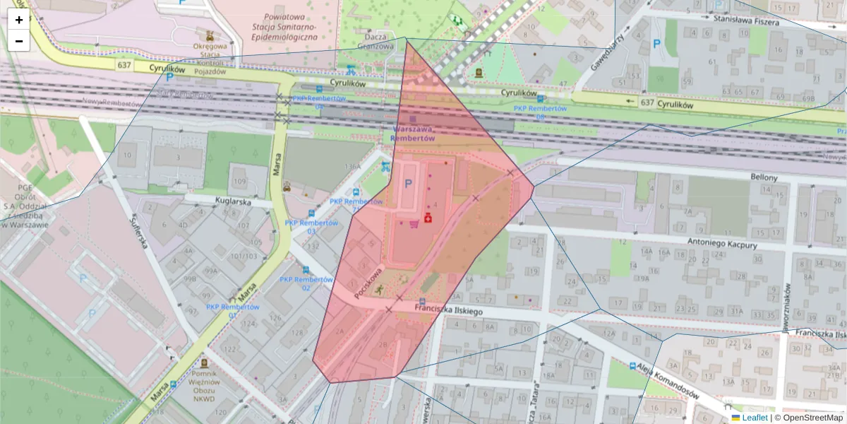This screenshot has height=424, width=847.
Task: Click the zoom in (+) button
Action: coord(19,20)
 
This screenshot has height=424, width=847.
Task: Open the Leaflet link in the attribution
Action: coord(755,418)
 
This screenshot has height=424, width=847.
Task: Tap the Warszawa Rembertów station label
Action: coord(413,134)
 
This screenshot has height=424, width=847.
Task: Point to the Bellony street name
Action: coord(764,177)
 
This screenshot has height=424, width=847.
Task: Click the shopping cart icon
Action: coord(413,224)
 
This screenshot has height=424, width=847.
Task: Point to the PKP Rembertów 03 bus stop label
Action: coord(311,226)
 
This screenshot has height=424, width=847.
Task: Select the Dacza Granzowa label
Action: coord(376,41)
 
